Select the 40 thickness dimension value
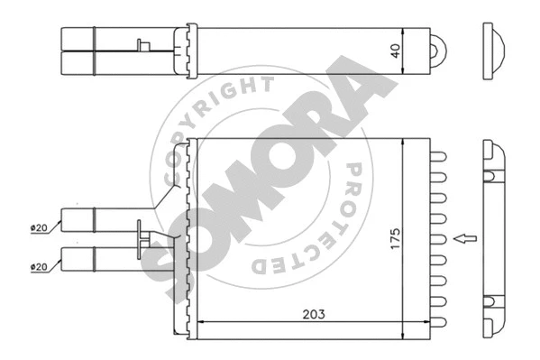tap(395, 50)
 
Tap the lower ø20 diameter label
tap(39, 266)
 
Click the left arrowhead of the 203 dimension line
tap(200, 323)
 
